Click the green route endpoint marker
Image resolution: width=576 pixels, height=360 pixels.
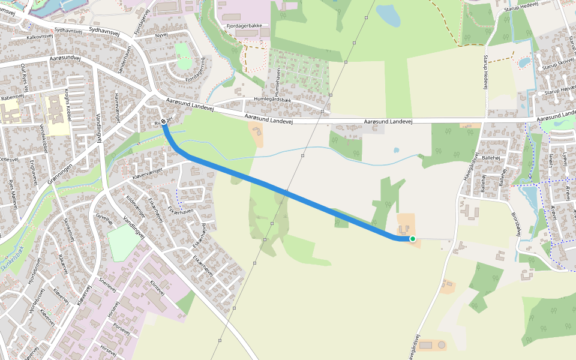tap(413, 239)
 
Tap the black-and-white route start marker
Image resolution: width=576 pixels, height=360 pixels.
tap(163, 121)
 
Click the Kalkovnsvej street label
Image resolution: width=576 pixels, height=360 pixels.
tap(40, 37)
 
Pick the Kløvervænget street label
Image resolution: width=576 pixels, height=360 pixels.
tap(147, 173)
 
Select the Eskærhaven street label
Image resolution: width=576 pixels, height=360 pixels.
tap(180, 212)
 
